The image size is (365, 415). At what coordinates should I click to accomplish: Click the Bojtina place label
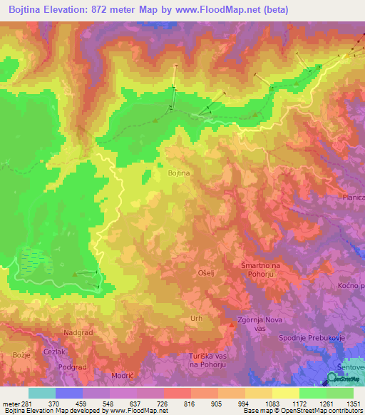coord(178,173)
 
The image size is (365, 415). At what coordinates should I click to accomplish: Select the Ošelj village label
coord(205,272)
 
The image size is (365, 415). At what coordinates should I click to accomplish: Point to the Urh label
coord(197,319)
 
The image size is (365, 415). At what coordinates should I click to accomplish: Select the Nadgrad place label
coord(78,332)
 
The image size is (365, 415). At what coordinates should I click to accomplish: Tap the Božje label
coord(21,354)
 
